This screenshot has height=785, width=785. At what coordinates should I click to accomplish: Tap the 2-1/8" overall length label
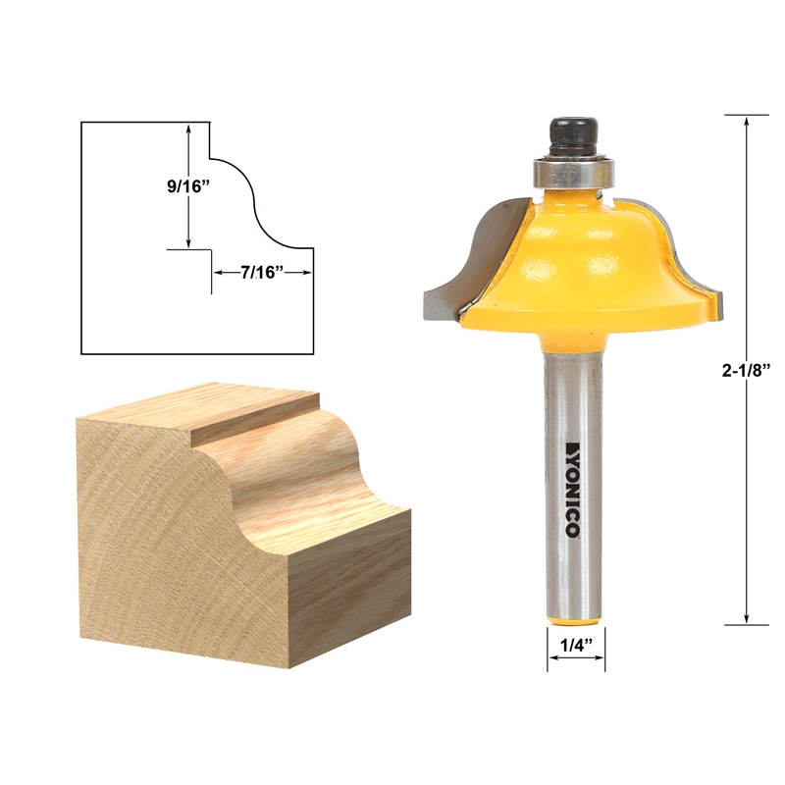750,369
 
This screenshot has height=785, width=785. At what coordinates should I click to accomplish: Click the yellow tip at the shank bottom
574,615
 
